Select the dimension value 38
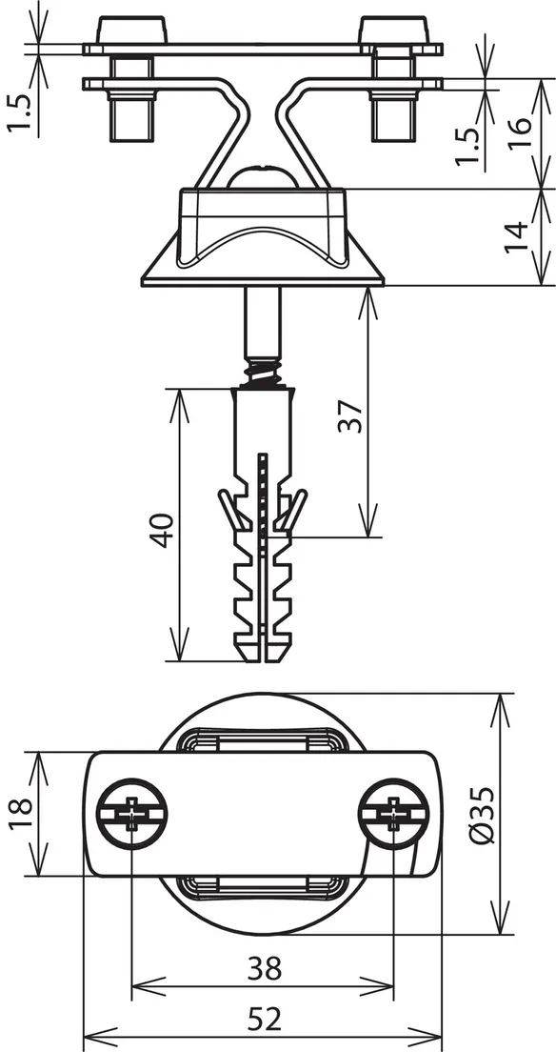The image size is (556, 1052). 265,968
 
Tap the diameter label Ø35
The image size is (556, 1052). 483,814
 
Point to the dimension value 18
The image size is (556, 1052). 22,814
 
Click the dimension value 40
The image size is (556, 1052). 163,530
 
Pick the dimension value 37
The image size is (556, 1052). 350,416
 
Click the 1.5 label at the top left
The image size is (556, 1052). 22,112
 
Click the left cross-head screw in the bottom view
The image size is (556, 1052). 132,814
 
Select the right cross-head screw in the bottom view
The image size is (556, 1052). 393,814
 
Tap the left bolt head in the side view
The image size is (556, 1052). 132,30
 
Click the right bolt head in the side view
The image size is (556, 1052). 394,30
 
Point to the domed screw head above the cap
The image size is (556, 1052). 262,174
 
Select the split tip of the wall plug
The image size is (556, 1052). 262,646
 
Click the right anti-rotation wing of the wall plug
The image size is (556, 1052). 294,509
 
